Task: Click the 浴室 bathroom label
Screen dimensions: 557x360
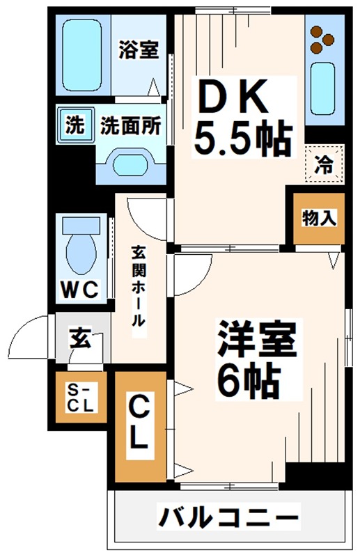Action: pyautogui.click(x=139, y=50)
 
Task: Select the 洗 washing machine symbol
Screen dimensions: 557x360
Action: pyautogui.click(x=73, y=126)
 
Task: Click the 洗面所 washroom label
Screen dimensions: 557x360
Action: pyautogui.click(x=131, y=125)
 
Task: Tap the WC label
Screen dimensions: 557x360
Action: pyautogui.click(x=81, y=288)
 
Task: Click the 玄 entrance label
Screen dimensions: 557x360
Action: pyautogui.click(x=78, y=339)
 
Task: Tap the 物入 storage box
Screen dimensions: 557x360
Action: pyautogui.click(x=318, y=217)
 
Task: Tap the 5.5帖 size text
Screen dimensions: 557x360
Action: pyautogui.click(x=241, y=141)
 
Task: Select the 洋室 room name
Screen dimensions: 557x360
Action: pyautogui.click(x=258, y=339)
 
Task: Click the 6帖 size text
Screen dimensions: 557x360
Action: pyautogui.click(x=247, y=379)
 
